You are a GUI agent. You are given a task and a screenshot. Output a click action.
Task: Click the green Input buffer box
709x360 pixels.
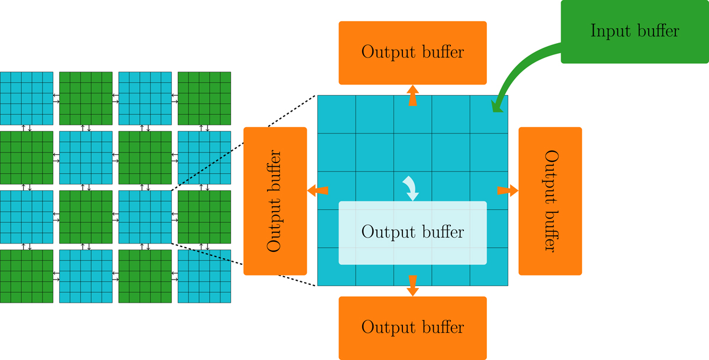635,31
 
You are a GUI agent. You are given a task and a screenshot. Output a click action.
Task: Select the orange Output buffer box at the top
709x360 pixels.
412,53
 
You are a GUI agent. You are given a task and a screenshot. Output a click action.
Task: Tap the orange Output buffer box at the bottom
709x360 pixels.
412,328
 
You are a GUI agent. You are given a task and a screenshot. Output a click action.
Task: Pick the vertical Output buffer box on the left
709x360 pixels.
275,201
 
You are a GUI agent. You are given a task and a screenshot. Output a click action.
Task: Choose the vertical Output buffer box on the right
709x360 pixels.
550,201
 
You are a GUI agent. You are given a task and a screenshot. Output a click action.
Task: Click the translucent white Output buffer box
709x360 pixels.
412,233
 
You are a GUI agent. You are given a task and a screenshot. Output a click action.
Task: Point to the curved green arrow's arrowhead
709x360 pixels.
497,106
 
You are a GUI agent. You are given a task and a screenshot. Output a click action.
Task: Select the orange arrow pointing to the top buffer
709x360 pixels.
412,95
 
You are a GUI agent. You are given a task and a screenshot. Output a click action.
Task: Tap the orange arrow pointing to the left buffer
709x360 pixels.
317,190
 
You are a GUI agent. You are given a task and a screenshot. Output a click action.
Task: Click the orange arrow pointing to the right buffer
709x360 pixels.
508,190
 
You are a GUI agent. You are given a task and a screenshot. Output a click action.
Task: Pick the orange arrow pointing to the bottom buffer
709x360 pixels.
412,286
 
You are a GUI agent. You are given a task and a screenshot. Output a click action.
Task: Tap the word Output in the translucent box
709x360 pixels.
387,233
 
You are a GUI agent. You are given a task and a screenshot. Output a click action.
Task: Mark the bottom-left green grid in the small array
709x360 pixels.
27,276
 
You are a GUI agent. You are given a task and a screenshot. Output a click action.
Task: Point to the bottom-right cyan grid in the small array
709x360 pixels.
204,276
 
